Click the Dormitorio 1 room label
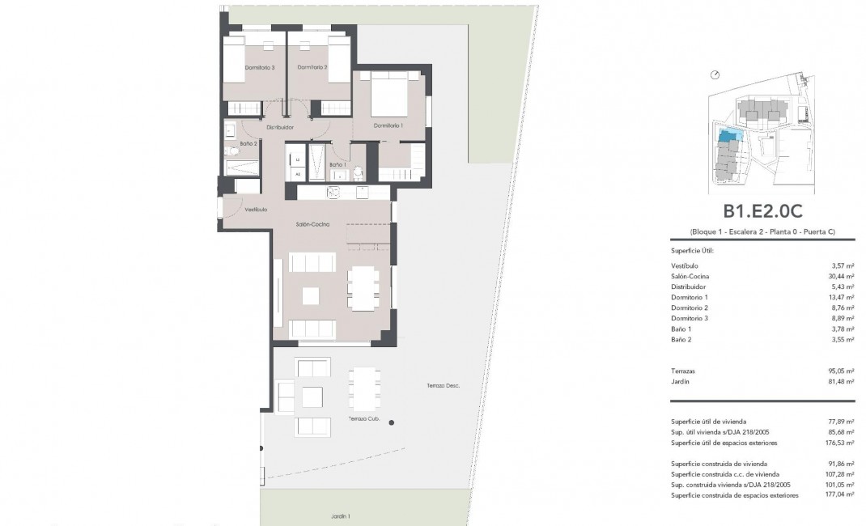pyautogui.click(x=388, y=125)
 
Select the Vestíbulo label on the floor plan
pyautogui.click(x=244, y=209)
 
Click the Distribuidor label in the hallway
pyautogui.click(x=280, y=127)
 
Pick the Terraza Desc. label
pyautogui.click(x=443, y=386)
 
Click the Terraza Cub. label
pyautogui.click(x=363, y=418)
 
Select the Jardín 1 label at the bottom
pyautogui.click(x=340, y=515)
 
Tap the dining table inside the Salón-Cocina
pyautogui.click(x=363, y=288)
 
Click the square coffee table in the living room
pyautogui.click(x=312, y=296)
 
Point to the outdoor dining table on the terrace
pyautogui.click(x=364, y=389)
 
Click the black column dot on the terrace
pyautogui.click(x=392, y=422)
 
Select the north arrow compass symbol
pyautogui.click(x=715, y=75)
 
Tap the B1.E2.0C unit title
pyautogui.click(x=762, y=211)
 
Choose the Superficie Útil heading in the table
pyautogui.click(x=692, y=251)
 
